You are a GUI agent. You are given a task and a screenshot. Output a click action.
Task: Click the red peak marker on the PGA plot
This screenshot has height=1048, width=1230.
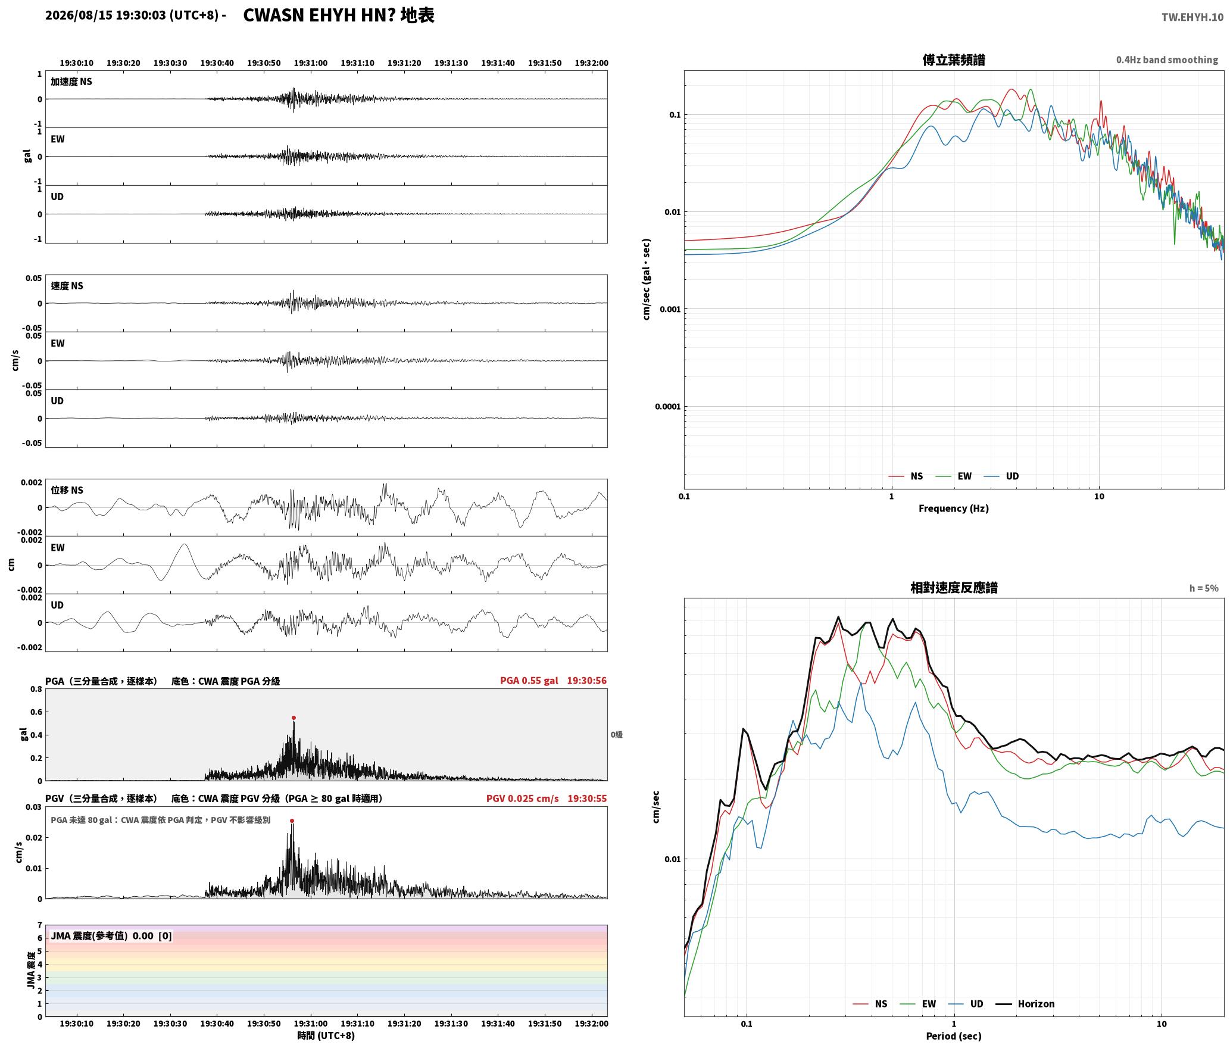point(294,718)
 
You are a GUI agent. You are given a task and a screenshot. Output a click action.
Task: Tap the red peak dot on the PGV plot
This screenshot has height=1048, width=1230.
point(292,821)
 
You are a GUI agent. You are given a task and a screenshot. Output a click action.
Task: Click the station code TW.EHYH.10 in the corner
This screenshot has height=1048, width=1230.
point(1192,17)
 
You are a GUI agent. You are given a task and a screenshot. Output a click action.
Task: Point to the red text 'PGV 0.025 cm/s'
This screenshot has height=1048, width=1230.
point(523,799)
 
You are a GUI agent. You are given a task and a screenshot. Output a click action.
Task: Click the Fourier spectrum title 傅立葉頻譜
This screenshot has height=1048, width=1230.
point(954,60)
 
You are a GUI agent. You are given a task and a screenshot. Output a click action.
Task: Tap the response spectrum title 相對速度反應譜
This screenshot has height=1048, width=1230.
point(954,588)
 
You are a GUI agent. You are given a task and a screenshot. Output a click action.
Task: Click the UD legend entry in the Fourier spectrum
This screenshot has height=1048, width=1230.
point(1001,476)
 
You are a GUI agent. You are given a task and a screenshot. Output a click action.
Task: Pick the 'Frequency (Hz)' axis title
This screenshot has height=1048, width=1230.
point(954,509)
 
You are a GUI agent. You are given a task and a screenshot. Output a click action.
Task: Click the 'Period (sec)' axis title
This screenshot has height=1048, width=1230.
point(954,1036)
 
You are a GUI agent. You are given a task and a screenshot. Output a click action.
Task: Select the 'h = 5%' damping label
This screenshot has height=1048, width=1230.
point(1204,588)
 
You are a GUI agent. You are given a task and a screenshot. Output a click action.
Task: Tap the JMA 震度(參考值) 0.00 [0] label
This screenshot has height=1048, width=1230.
point(111,935)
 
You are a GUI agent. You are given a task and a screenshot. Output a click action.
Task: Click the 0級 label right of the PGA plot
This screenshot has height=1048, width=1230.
point(616,735)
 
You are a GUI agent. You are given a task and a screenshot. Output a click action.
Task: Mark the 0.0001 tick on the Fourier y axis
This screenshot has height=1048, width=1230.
point(667,407)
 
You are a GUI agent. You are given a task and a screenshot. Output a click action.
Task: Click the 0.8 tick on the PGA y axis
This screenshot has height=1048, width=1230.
point(36,690)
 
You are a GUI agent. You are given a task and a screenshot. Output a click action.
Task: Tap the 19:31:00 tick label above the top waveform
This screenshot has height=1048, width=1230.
point(310,63)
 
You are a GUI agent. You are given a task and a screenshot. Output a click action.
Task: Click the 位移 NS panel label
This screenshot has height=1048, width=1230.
point(67,490)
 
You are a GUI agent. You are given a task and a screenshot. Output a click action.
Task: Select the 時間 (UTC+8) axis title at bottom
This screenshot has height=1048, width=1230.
point(326,1035)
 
